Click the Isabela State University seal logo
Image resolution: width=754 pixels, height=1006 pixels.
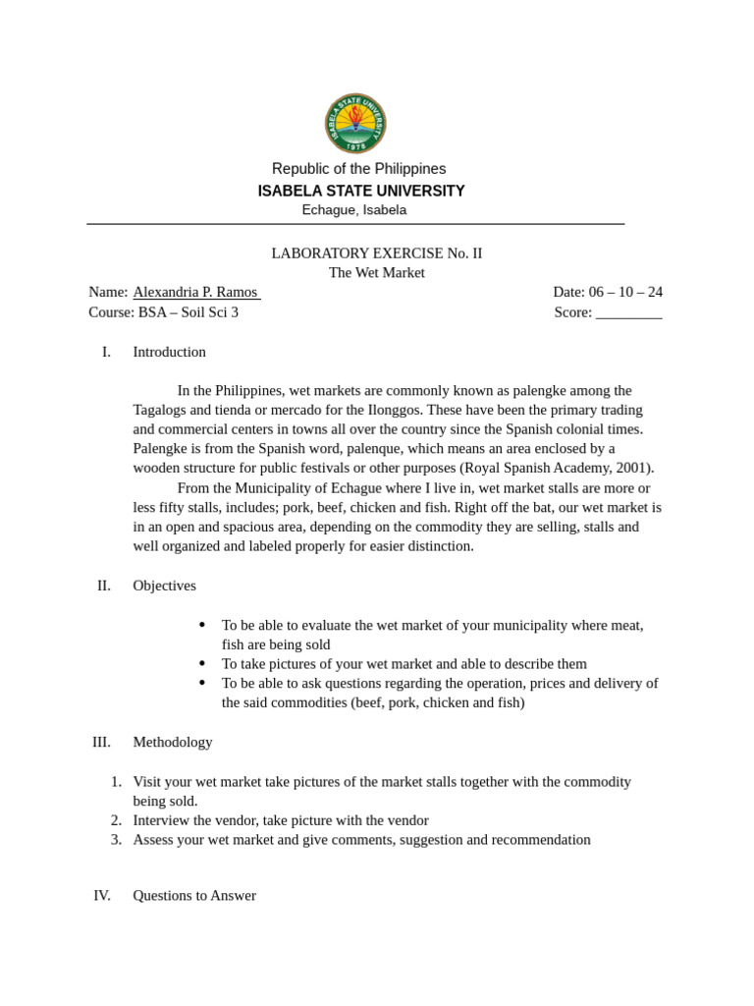355,123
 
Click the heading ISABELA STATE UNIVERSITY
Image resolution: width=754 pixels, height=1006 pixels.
360,191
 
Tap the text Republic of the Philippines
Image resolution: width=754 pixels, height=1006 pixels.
358,169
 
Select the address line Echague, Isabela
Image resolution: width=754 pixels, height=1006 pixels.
353,210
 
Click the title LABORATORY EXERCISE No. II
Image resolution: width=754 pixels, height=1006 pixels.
376,253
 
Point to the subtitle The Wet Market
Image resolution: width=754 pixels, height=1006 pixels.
376,273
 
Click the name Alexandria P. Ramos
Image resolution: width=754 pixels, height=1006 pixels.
195,292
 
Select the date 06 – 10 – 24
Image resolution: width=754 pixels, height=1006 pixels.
625,292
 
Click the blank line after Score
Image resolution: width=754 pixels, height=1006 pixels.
628,312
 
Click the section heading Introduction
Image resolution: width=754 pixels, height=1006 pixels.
169,352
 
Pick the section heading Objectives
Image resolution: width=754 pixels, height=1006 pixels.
164,586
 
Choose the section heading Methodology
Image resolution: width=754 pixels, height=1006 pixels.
172,742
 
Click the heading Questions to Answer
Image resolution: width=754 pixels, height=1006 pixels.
194,895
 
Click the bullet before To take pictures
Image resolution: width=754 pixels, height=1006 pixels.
202,664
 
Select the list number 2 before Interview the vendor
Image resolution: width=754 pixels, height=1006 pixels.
116,820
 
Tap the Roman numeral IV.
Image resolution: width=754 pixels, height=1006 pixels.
101,895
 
